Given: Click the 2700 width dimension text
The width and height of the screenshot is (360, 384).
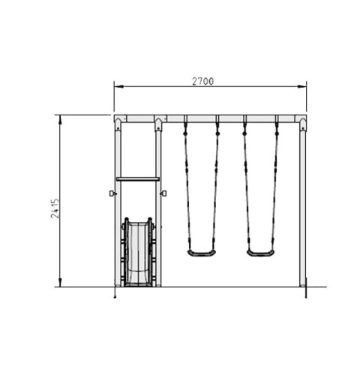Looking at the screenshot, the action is tap(202, 81).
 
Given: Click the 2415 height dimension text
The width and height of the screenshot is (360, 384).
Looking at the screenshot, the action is tap(55, 208).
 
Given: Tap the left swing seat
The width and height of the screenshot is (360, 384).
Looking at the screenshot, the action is tap(202, 253).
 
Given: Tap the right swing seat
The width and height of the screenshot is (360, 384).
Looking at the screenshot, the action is tap(260, 253).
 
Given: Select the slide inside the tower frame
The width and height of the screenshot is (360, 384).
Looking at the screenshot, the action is tap(138, 252).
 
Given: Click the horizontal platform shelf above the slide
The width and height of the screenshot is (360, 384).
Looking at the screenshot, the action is tap(138, 178).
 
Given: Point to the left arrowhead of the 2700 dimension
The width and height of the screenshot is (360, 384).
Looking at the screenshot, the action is tap(119, 86).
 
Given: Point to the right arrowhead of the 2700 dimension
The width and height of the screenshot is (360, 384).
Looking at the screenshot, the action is tap(301, 86).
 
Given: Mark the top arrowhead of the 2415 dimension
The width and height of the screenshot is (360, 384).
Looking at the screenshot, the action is tap(60, 120).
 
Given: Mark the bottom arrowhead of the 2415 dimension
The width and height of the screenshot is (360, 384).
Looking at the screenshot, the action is tap(60, 282).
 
